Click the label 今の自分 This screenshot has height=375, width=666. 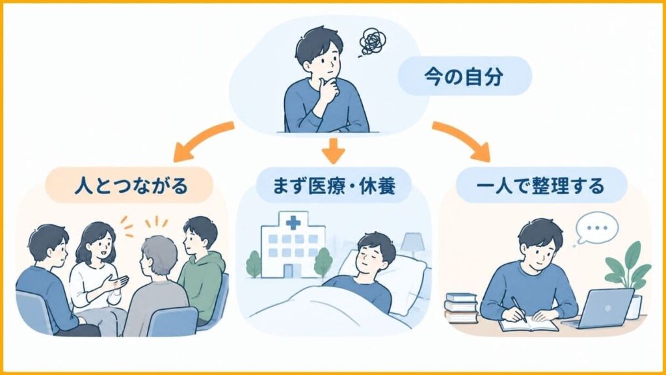tap(463, 77)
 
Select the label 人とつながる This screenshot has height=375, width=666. tap(131, 186)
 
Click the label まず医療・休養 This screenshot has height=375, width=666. tap(334, 186)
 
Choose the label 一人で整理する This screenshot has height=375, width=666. tap(540, 186)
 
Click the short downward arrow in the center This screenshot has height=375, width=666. tap(334, 150)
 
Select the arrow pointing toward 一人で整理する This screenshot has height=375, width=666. tap(462, 139)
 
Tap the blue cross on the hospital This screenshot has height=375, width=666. tap(293, 223)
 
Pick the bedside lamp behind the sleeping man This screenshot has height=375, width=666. tap(412, 245)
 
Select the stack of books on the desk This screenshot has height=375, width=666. tap(461, 308)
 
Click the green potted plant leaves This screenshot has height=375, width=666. tap(627, 266)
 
